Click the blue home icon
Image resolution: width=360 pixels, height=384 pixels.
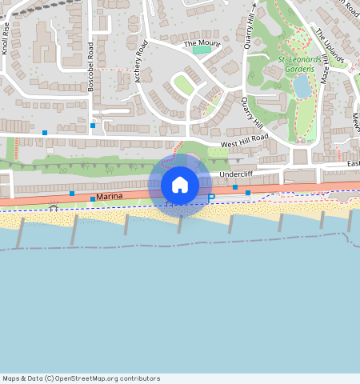(180, 186)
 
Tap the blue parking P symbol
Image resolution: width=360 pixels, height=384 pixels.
(211, 198)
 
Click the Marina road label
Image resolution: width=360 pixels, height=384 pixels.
(111, 197)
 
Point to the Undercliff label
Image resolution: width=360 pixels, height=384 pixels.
(236, 174)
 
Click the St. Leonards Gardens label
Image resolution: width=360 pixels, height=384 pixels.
(300, 64)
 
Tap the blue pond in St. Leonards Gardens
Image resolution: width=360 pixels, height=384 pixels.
(302, 86)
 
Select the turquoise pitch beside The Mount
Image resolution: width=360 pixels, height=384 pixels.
(202, 50)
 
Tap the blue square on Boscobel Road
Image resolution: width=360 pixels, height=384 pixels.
(93, 126)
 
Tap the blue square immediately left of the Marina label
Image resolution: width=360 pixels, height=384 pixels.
(93, 198)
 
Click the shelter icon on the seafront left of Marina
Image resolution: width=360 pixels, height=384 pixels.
(54, 207)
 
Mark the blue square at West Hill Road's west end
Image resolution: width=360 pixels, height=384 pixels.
(45, 132)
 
